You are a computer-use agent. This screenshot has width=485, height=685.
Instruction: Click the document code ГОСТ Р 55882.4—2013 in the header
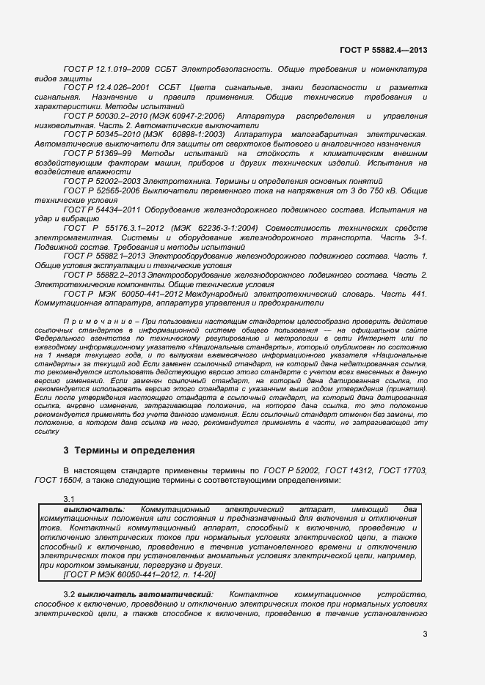pos(383,50)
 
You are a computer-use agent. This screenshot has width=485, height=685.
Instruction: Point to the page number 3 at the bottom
pos(424,634)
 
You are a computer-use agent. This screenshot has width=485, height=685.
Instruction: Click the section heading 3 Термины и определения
pos(129,451)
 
